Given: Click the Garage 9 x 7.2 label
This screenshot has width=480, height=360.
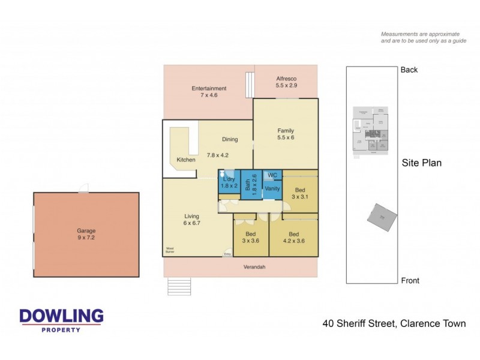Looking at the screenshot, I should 86,234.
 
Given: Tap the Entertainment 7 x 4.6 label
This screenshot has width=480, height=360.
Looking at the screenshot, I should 209,92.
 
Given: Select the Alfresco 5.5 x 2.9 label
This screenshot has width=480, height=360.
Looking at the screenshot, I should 286,82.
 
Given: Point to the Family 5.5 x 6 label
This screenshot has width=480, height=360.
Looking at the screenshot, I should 286,134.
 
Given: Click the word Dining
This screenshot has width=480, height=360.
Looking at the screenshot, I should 230,139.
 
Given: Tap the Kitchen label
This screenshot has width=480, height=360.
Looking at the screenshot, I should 186,160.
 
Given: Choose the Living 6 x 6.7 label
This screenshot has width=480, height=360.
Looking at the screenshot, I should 191,220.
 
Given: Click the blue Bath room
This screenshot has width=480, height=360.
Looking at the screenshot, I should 252,185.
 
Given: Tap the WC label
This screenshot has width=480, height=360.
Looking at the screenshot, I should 272,175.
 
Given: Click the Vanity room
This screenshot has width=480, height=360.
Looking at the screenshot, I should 272,189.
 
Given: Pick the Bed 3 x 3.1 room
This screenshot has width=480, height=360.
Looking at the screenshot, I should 299,191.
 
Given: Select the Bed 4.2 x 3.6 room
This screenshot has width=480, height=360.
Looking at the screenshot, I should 293,238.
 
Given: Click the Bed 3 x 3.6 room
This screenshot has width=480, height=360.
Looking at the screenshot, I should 251,238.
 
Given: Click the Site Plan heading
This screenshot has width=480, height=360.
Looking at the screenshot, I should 421,163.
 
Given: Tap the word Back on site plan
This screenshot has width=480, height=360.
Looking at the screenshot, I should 409,70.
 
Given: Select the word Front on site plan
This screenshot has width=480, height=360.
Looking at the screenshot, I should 410,280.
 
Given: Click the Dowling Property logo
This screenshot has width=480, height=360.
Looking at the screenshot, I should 61,320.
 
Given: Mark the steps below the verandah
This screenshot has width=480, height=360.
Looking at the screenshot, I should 179,286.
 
